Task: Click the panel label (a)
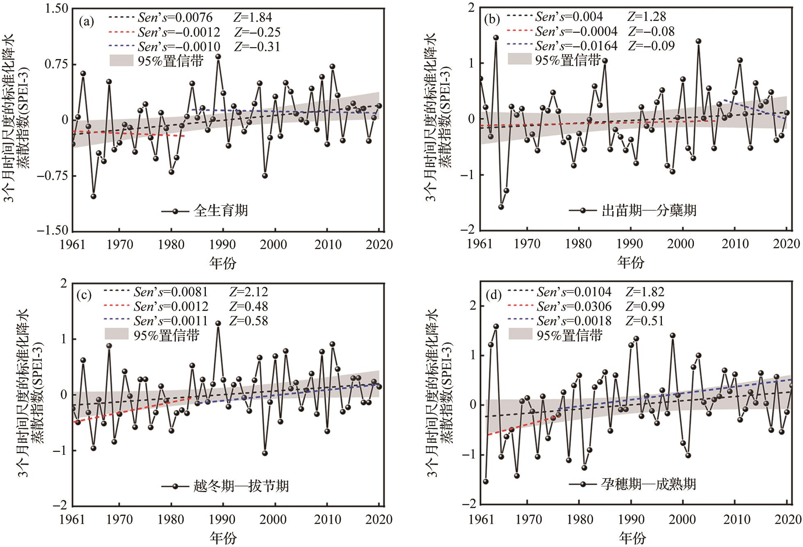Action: (x=86, y=22)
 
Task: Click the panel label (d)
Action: (x=494, y=295)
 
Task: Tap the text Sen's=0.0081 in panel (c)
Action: (x=171, y=292)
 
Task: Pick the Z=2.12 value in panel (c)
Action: (x=248, y=292)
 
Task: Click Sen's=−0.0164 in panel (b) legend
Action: (x=576, y=45)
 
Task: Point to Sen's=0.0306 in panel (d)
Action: (x=574, y=306)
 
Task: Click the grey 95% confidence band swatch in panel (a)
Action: (x=121, y=61)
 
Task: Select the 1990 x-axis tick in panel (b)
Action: (x=630, y=244)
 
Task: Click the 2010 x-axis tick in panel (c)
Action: (x=327, y=520)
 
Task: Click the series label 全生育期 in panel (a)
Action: (x=221, y=211)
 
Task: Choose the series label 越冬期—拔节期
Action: (x=241, y=486)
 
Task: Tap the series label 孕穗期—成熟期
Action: (x=648, y=484)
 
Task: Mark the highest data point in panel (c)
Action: (x=218, y=323)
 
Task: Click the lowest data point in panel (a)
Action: (x=94, y=196)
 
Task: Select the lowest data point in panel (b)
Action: (x=501, y=207)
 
